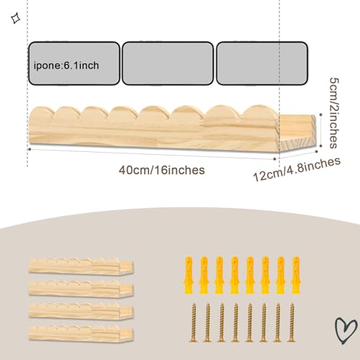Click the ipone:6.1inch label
(x=66, y=66)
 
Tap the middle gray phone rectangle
(x=168, y=63)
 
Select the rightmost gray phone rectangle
(x=262, y=63)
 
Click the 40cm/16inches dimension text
(x=162, y=170)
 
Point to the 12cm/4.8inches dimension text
(x=297, y=169)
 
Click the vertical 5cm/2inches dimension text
(x=334, y=113)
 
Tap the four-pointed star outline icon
(x=16, y=19)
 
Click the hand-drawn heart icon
(x=346, y=330)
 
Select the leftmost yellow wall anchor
(x=189, y=275)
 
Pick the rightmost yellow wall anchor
(x=296, y=275)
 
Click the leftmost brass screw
(x=193, y=322)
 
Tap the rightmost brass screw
(x=292, y=322)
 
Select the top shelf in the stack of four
(x=81, y=266)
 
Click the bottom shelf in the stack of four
(x=81, y=333)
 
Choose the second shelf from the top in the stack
(x=81, y=289)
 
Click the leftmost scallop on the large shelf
(x=42, y=113)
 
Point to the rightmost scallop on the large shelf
(x=260, y=113)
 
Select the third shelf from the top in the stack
(x=81, y=311)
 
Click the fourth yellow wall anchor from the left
(x=235, y=275)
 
